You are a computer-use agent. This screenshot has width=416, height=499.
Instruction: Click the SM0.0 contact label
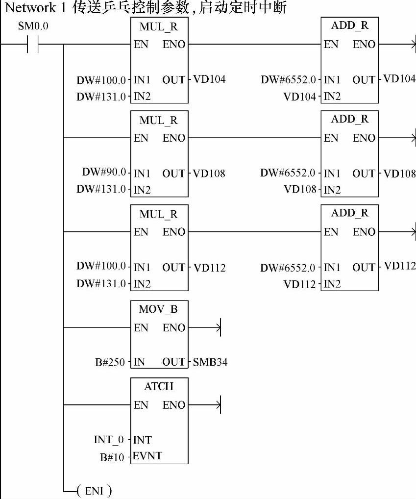pyautogui.click(x=33, y=26)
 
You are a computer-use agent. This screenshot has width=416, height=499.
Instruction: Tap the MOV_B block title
pyautogui.click(x=159, y=310)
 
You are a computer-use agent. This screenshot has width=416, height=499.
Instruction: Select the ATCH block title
pyautogui.click(x=159, y=386)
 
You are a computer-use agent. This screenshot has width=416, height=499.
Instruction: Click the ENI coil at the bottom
pyautogui.click(x=94, y=491)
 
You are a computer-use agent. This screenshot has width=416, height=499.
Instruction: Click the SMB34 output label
pyautogui.click(x=210, y=363)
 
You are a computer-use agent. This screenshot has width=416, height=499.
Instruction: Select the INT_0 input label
pyautogui.click(x=109, y=440)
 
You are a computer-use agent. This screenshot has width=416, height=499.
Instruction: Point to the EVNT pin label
pyautogui.click(x=147, y=456)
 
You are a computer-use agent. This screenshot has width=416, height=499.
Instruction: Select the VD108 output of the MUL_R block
pyautogui.click(x=209, y=173)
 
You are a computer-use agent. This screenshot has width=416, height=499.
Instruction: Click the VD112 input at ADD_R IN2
pyautogui.click(x=300, y=284)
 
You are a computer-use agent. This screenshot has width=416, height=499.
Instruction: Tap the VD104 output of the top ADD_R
pyautogui.click(x=399, y=79)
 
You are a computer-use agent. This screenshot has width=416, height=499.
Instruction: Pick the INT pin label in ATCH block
pyautogui.click(x=142, y=440)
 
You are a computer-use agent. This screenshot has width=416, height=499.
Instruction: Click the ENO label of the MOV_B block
pyautogui.click(x=174, y=328)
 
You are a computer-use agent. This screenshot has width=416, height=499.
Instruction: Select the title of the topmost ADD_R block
pyautogui.click(x=349, y=25)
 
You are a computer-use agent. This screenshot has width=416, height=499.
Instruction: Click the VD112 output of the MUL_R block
pyautogui.click(x=210, y=268)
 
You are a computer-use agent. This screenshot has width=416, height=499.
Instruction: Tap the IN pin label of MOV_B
pyautogui.click(x=140, y=363)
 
